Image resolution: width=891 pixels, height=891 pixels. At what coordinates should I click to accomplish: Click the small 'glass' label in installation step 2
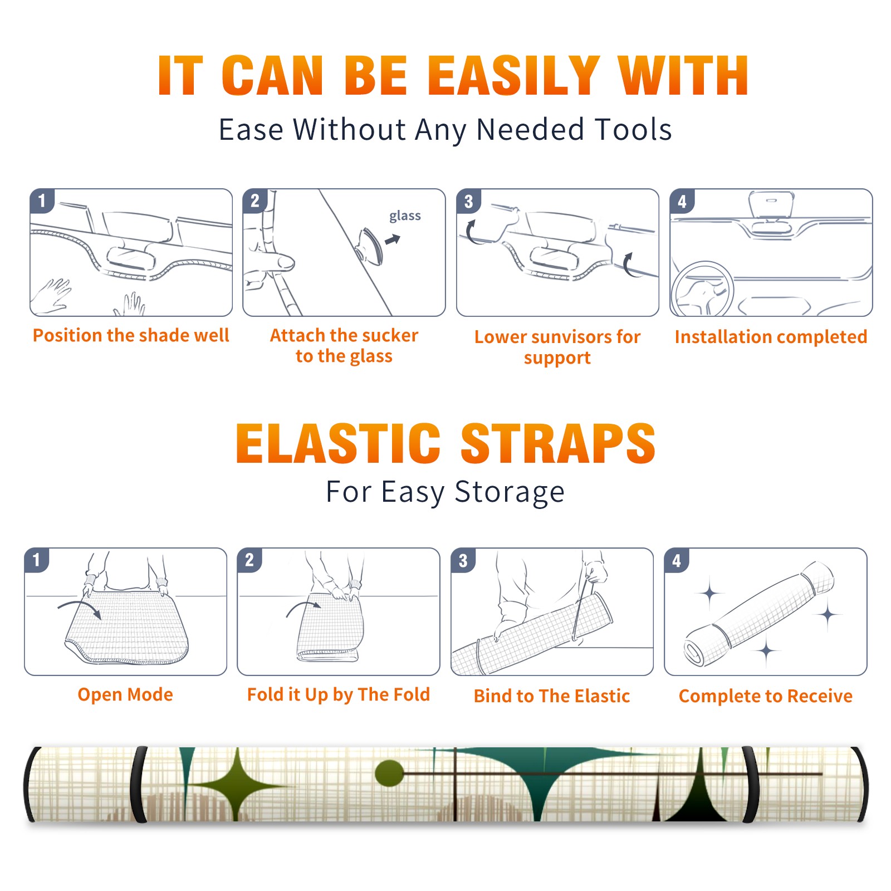point(405,216)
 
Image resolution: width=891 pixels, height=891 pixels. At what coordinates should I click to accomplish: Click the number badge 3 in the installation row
point(468,201)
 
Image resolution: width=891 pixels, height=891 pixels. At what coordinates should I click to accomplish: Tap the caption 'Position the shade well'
point(131,335)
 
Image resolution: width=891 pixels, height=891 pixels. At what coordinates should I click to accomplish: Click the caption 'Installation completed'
point(771,337)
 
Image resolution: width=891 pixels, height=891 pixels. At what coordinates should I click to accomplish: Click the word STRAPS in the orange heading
point(558,443)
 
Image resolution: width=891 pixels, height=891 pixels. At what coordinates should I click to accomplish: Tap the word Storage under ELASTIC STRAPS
point(510,492)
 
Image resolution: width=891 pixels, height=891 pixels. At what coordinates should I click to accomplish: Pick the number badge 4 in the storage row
point(676,560)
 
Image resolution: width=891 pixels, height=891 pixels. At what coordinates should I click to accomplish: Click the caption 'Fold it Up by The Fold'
point(339,695)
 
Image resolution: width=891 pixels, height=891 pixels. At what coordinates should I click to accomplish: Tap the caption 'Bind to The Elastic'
point(552,696)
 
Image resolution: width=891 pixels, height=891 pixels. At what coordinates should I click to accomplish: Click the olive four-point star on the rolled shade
point(238,786)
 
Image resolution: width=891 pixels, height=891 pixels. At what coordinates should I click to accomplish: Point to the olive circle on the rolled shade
point(389,773)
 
